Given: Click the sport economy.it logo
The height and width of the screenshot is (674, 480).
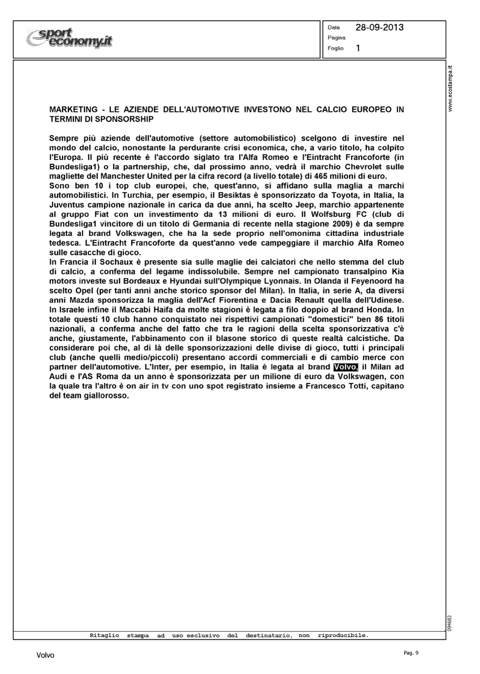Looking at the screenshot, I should (70, 38).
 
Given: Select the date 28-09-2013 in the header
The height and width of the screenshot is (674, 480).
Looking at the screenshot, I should (379, 27).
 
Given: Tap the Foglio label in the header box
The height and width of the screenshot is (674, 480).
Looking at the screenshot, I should (335, 49).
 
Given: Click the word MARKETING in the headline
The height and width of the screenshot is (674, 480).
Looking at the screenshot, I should (73, 110).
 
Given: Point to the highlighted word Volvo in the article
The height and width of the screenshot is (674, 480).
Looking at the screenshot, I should (344, 367).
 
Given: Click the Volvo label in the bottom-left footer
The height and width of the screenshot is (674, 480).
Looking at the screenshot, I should (45, 656).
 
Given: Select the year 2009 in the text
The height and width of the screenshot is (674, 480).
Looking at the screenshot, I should (339, 223).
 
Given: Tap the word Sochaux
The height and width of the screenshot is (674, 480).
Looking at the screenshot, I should (106, 262).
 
